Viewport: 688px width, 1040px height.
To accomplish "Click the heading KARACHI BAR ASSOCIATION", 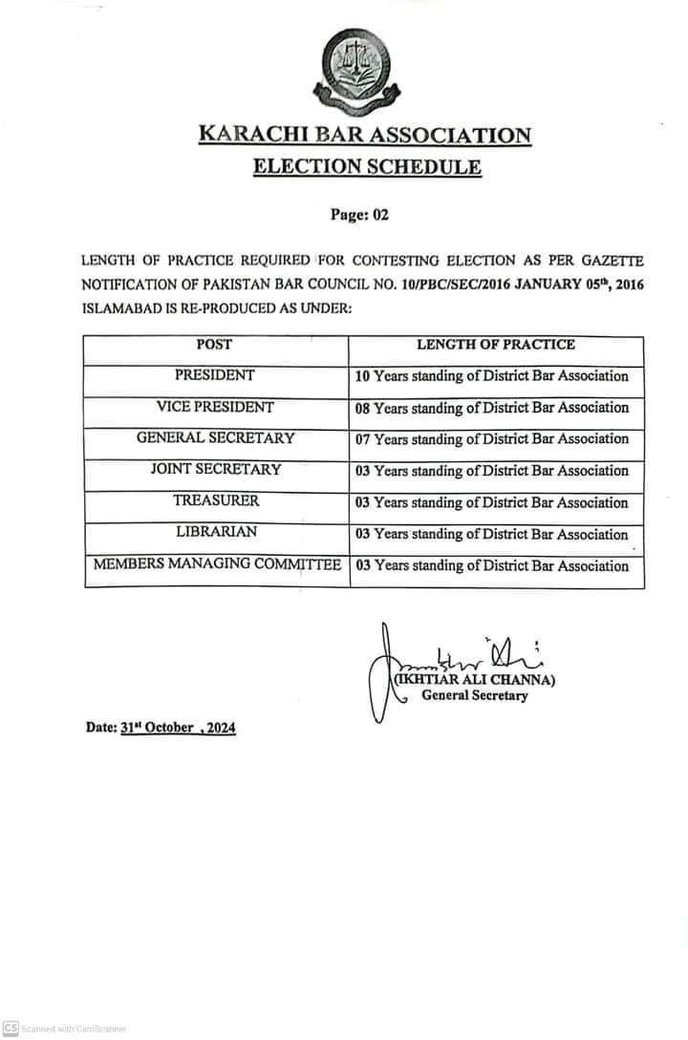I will point(364,135).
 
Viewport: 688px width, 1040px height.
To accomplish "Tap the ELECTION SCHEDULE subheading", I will point(367,168).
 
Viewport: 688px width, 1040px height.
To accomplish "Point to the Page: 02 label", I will point(359,215).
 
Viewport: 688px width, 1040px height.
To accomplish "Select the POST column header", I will point(214,344).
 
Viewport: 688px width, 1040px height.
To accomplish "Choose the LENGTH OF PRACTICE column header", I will point(495,344).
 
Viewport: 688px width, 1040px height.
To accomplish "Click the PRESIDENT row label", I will point(214,375).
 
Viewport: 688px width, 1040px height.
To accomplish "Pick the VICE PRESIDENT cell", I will point(215,407).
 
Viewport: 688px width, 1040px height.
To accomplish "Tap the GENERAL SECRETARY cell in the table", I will point(215,438).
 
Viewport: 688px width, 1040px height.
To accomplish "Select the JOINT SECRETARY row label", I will point(215,470).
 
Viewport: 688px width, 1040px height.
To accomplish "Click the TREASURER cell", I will point(215,501).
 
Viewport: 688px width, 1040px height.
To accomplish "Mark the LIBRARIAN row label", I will point(215,533).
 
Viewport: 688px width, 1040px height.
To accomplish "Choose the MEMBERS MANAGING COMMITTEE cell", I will point(217,565).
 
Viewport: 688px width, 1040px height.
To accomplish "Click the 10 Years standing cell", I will point(492,376).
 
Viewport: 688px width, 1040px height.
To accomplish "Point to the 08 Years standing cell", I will point(492,408).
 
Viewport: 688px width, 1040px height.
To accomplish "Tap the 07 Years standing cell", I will point(492,439).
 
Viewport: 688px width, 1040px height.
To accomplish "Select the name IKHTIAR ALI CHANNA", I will point(474,681).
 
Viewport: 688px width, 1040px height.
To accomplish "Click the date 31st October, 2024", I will point(178,728).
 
